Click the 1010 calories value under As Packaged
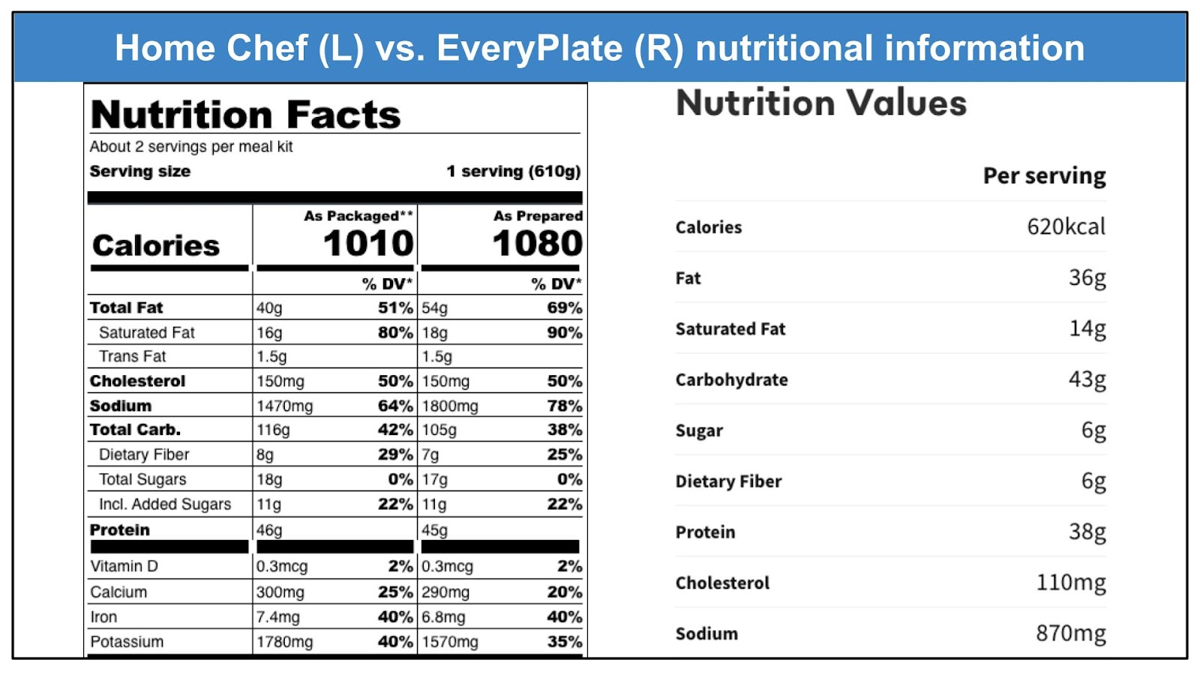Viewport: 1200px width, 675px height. (x=367, y=244)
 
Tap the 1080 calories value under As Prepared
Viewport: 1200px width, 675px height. (x=537, y=244)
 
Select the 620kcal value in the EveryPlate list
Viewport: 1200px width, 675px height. (x=1066, y=226)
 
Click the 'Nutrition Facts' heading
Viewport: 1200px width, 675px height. (x=245, y=115)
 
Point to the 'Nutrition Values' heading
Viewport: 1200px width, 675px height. (x=821, y=103)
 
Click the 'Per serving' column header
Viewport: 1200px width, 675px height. (x=1044, y=176)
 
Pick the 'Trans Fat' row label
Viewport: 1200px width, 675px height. (x=132, y=356)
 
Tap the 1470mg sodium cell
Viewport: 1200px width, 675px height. (x=285, y=406)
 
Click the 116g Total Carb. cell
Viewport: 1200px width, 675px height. (x=273, y=430)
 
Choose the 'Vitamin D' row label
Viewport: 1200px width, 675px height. (x=124, y=566)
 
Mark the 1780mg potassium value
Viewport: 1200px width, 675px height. (x=285, y=642)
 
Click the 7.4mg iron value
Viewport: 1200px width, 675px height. (x=277, y=617)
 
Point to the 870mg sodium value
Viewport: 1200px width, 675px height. (x=1070, y=634)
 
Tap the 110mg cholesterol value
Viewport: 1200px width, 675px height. (x=1070, y=583)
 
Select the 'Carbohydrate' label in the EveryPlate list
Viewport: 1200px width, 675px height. (x=731, y=379)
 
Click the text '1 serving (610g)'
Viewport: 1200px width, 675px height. (x=513, y=171)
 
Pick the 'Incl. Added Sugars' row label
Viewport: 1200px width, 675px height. (x=164, y=504)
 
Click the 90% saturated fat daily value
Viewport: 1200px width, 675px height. (x=564, y=332)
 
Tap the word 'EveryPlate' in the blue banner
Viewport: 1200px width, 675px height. (x=529, y=48)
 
